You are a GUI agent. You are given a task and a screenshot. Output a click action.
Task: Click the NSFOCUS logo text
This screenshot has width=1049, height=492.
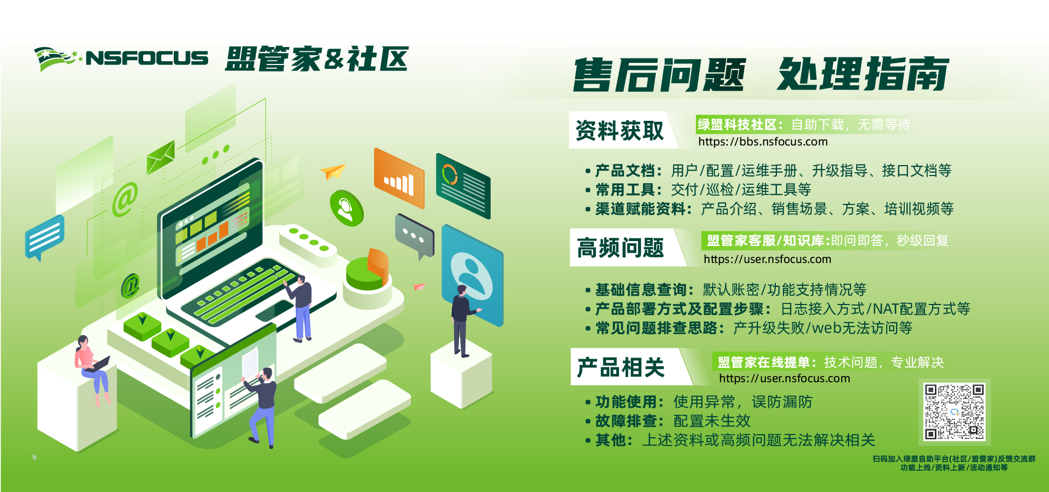click(x=147, y=58)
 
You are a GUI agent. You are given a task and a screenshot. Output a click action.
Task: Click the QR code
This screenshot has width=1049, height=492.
click(x=954, y=412)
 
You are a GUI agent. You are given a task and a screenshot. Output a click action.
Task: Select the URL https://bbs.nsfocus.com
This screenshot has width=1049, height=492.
click(x=763, y=142)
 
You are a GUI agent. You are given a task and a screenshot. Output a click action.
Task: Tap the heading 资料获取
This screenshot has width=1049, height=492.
click(x=620, y=131)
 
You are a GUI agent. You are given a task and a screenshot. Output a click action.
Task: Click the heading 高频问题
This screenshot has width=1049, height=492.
click(x=620, y=248)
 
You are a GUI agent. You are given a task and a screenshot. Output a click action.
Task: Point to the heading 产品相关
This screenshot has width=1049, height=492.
click(x=621, y=367)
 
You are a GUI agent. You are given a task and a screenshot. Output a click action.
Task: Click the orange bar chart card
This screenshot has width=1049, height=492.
click(x=399, y=178)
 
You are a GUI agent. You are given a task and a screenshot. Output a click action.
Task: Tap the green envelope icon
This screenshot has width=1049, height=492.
click(x=161, y=157)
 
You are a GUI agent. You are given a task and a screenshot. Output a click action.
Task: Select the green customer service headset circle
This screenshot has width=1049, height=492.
click(x=346, y=208)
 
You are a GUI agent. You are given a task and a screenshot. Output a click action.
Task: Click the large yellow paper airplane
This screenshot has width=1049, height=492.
click(x=333, y=171)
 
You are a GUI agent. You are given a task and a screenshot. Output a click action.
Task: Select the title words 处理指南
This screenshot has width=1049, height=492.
click(x=863, y=74)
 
